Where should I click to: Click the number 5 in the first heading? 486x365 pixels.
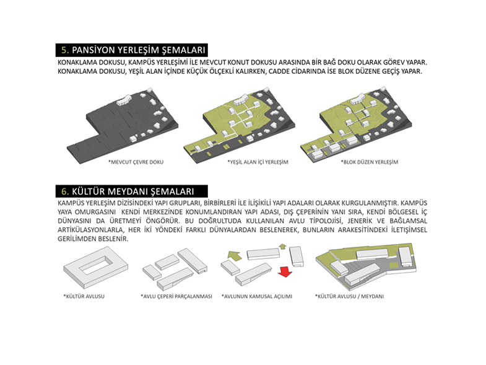(64, 50)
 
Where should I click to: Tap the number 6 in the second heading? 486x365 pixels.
(64, 191)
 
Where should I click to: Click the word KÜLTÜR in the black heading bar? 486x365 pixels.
(87, 191)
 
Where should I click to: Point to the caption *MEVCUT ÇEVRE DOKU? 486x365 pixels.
(136, 162)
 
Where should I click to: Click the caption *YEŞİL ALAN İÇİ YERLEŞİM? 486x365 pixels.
(258, 162)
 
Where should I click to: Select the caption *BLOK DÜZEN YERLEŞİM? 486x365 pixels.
(370, 162)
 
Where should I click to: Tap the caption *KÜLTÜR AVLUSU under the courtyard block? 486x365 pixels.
(84, 296)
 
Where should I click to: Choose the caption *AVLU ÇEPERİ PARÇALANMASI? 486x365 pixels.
(176, 296)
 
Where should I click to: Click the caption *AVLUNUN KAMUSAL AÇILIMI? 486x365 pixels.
(257, 296)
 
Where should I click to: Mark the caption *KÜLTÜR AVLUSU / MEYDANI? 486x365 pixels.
(349, 296)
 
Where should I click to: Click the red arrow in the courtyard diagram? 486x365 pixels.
(285, 271)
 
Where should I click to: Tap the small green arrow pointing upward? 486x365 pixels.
(282, 246)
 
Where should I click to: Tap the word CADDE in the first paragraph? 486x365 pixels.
(279, 71)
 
